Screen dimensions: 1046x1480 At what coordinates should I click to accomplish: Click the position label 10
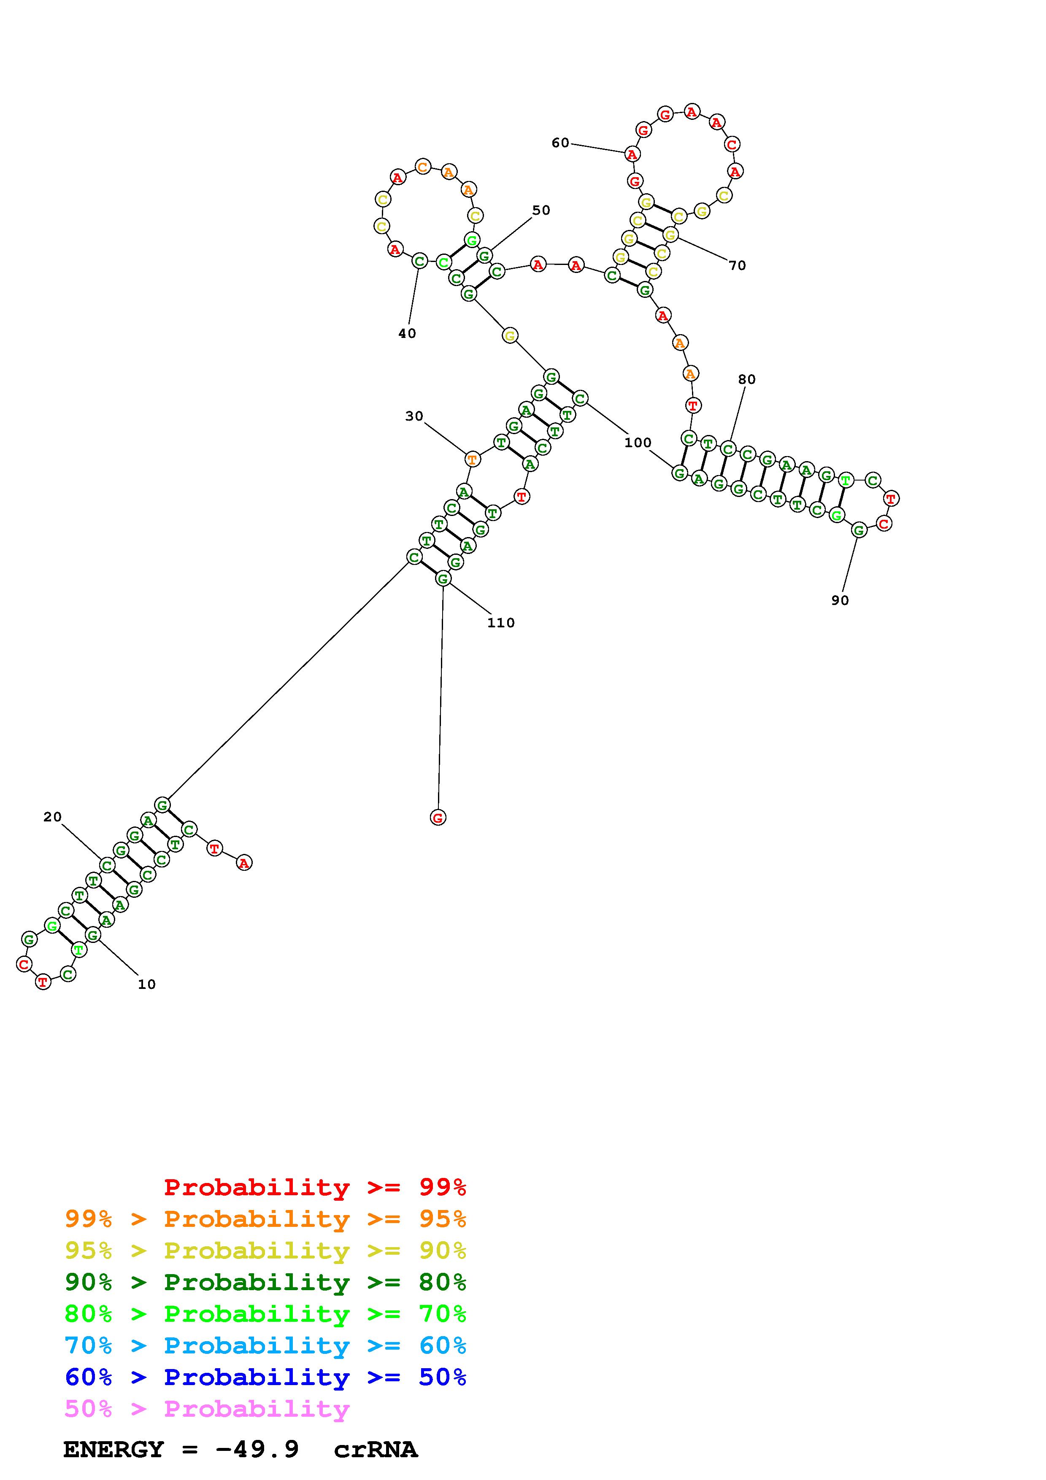click(x=147, y=984)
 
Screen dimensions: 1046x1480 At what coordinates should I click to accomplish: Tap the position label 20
click(x=52, y=817)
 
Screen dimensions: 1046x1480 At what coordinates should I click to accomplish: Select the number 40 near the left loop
click(x=407, y=333)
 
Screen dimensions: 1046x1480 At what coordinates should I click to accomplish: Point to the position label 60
click(x=560, y=143)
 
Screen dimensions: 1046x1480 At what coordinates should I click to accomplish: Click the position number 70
click(x=737, y=265)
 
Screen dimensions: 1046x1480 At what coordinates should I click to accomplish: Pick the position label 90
click(x=840, y=600)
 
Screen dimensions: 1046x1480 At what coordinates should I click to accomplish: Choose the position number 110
click(x=501, y=623)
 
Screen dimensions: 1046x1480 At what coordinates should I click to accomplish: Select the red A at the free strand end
click(x=243, y=862)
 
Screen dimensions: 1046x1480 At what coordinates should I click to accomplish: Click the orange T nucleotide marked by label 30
click(x=473, y=459)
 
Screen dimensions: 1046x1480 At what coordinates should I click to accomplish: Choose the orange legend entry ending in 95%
click(x=265, y=1219)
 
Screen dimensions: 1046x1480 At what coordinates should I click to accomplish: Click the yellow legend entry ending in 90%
click(x=265, y=1250)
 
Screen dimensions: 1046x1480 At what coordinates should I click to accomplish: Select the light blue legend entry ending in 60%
click(x=265, y=1346)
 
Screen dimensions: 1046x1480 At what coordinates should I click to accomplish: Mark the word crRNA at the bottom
click(x=376, y=1450)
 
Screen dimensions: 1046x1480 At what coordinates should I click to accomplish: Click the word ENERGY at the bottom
click(x=114, y=1450)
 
